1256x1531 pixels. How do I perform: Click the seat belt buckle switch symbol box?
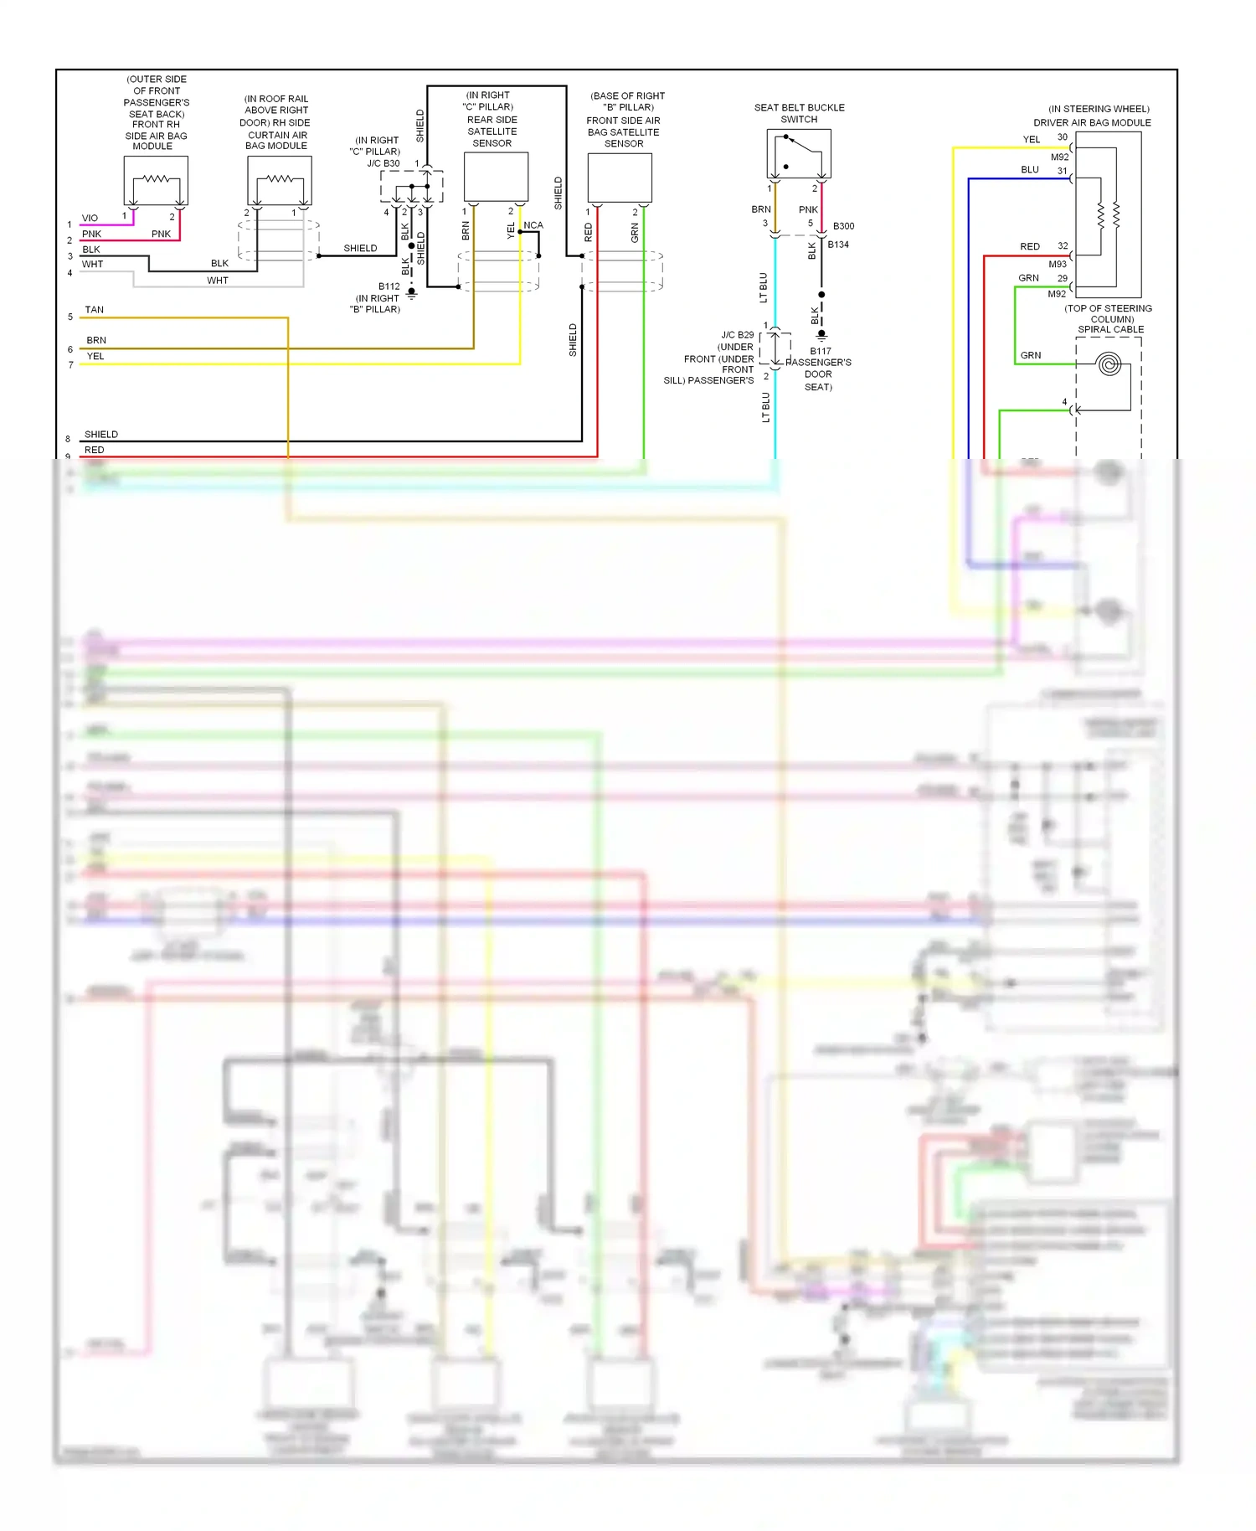point(799,153)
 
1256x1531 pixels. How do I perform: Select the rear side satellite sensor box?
point(496,177)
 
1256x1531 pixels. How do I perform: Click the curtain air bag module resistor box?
point(280,180)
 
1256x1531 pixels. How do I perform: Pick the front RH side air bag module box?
point(156,180)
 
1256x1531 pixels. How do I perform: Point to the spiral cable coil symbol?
point(1109,365)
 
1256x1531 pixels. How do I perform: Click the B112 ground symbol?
point(411,293)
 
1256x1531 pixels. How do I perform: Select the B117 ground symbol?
point(821,335)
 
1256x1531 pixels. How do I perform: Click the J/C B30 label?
point(383,163)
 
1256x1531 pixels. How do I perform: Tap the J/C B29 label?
point(738,335)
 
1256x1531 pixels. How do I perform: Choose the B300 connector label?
point(843,226)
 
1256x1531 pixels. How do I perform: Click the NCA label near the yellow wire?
point(533,225)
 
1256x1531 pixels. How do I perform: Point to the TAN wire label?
point(95,310)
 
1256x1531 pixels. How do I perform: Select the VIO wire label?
point(90,218)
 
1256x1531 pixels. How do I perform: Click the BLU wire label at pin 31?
point(1030,170)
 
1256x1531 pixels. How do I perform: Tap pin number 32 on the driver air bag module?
point(1063,246)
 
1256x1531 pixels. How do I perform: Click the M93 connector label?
point(1058,265)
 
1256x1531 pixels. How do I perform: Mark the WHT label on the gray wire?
point(218,281)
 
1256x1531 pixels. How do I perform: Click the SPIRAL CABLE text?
point(1110,329)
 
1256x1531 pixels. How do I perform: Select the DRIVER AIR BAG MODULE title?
point(1092,122)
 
